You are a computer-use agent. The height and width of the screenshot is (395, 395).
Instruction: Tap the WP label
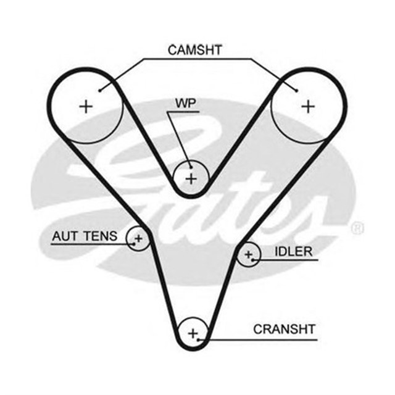pyautogui.click(x=185, y=102)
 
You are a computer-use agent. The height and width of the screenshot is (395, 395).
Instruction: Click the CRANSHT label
pyautogui.click(x=284, y=329)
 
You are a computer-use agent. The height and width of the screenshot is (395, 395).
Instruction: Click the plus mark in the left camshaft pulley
pyautogui.click(x=86, y=106)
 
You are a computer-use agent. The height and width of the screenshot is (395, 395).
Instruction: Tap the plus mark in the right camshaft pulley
pyautogui.click(x=307, y=106)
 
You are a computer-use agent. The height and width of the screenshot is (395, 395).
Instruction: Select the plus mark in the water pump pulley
pyautogui.click(x=191, y=179)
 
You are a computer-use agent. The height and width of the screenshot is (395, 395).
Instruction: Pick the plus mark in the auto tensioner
pyautogui.click(x=138, y=238)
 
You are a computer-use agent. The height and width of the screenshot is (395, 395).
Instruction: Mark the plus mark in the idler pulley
pyautogui.click(x=249, y=253)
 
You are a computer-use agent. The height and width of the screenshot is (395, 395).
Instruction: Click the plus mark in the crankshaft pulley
pyautogui.click(x=194, y=333)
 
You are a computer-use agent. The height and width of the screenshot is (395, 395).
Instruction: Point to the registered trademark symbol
pyautogui.click(x=357, y=229)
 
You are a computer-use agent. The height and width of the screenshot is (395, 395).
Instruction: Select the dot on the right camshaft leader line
pyautogui.click(x=296, y=90)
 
